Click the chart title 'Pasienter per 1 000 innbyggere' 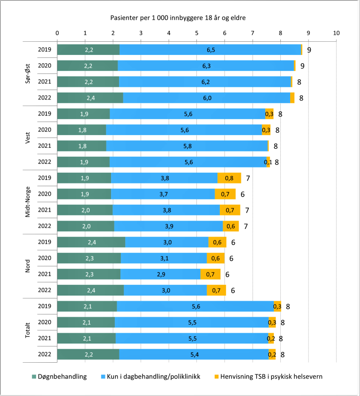178,18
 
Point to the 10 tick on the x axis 336,33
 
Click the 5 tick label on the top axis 196,33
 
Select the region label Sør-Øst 41,74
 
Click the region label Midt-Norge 41,202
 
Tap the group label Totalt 41,330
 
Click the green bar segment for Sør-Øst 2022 90,98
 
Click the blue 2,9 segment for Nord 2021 160,274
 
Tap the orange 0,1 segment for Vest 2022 268,162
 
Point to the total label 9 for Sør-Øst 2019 309,50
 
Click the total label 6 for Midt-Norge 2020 242,194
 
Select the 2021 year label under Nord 45,274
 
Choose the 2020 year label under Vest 45,130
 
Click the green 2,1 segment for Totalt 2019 87,306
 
